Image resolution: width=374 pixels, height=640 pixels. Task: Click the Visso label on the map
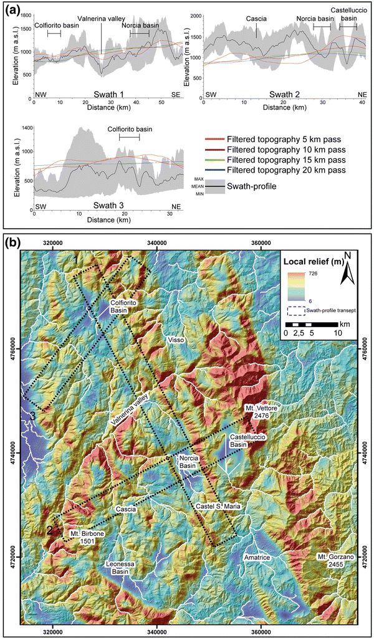click(176, 340)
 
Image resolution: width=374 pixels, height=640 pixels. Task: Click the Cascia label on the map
click(126, 509)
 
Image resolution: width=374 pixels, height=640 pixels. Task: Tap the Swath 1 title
click(108, 94)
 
